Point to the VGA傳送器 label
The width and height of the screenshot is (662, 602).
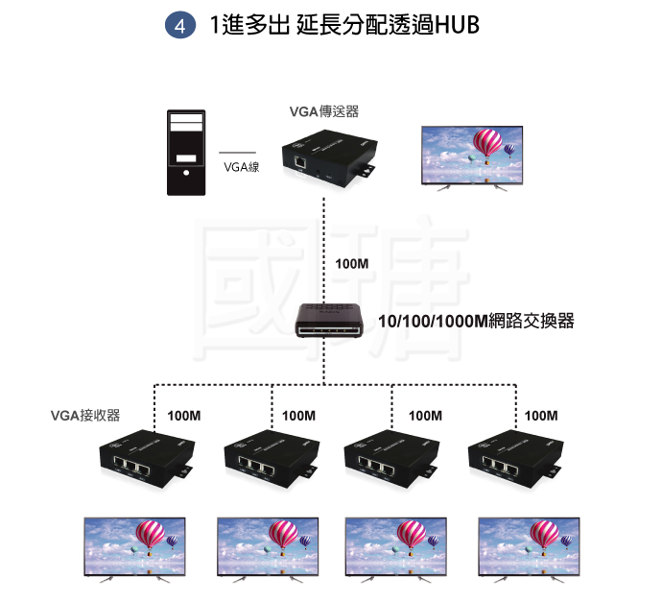[324, 111]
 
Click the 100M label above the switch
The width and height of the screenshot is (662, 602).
[351, 262]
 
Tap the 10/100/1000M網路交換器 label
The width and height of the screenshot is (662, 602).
[476, 321]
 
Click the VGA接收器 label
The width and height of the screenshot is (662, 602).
[85, 416]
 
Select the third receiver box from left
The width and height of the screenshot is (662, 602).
[391, 458]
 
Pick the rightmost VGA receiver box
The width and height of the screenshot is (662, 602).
[514, 458]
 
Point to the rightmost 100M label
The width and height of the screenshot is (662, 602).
[541, 416]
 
